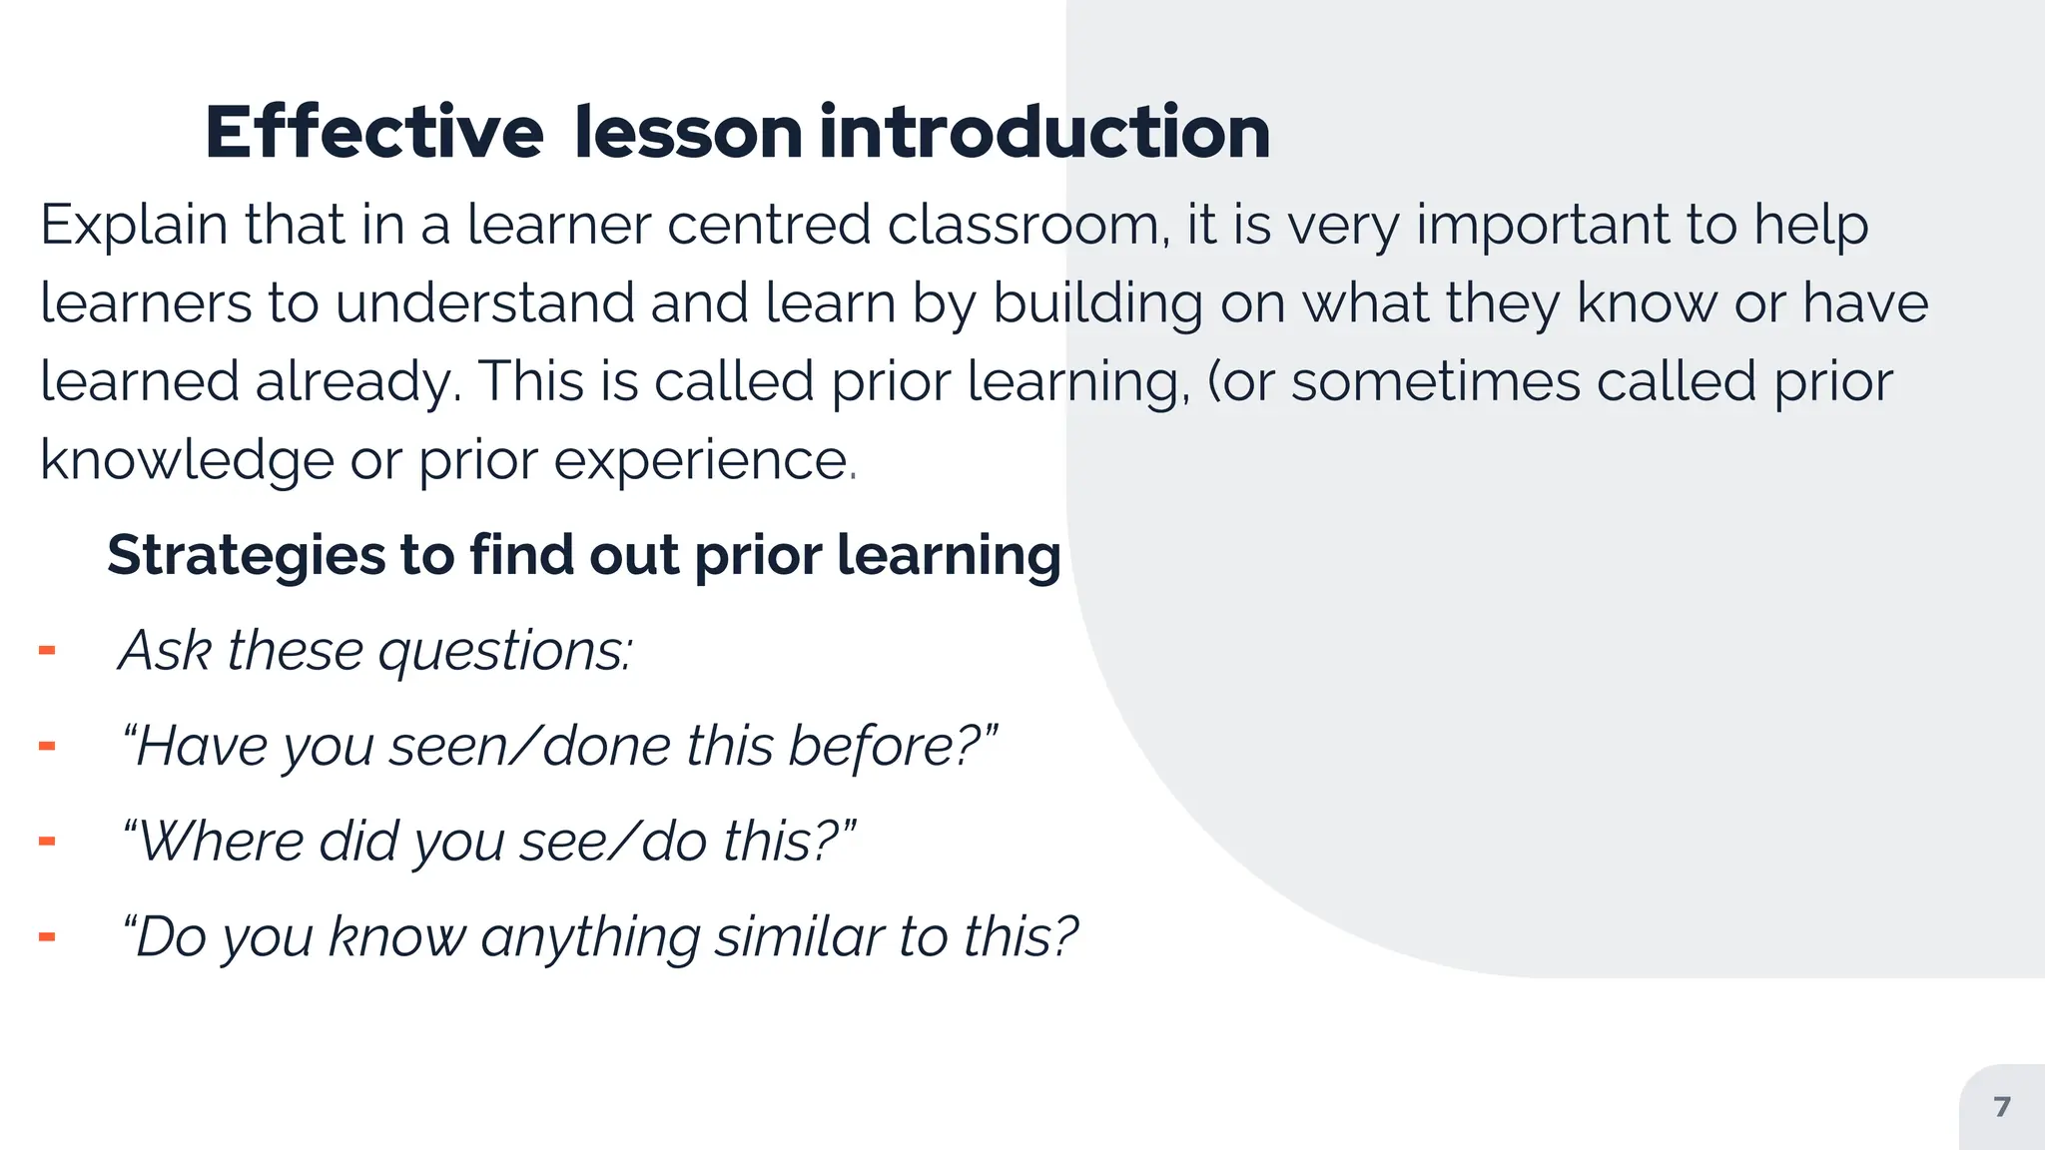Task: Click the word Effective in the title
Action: click(373, 133)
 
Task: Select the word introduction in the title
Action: click(1044, 133)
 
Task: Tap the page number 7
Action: click(2001, 1107)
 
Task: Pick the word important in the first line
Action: click(1543, 226)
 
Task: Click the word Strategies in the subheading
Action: click(246, 555)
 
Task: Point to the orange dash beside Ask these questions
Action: click(47, 652)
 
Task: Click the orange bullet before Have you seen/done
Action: click(47, 747)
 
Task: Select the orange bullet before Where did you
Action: click(47, 842)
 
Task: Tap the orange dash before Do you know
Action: click(47, 937)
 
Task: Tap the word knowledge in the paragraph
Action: click(187, 461)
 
